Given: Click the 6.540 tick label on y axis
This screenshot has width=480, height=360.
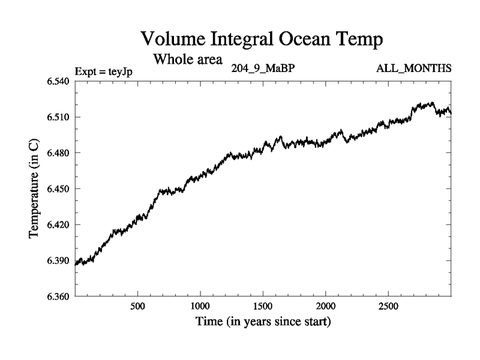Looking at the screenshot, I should (x=59, y=82).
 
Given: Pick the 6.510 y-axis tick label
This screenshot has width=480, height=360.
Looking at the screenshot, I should (x=59, y=117).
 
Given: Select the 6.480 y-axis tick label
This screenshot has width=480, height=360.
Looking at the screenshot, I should (x=59, y=153).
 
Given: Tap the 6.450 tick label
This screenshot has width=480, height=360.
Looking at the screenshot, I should (x=59, y=189).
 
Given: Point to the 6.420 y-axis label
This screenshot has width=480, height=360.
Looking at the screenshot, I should (x=59, y=225).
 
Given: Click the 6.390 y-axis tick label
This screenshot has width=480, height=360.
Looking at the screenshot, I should (x=59, y=260).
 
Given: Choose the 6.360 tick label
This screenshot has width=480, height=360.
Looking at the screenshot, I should (x=59, y=296).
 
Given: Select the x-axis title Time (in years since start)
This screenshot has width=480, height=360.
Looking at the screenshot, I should (x=263, y=322).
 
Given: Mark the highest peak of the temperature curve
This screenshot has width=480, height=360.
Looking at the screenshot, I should (x=431, y=103).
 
